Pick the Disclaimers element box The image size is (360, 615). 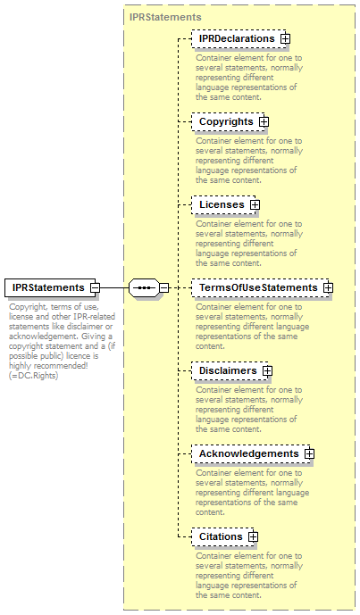click(230, 370)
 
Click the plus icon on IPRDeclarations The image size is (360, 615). click(285, 39)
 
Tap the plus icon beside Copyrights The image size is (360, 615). click(264, 122)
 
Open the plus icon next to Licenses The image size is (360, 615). click(255, 204)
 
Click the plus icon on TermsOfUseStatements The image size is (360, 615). click(328, 288)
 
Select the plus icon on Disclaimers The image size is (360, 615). click(268, 370)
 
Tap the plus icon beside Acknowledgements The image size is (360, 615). click(310, 453)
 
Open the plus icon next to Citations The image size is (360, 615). click(254, 536)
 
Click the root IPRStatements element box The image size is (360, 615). click(50, 288)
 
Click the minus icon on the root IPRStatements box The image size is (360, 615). click(95, 288)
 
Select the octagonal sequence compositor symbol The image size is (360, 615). click(145, 288)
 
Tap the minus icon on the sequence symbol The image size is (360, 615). click(164, 288)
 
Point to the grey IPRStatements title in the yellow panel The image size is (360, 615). click(165, 17)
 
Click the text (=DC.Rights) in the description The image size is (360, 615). click(34, 376)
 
